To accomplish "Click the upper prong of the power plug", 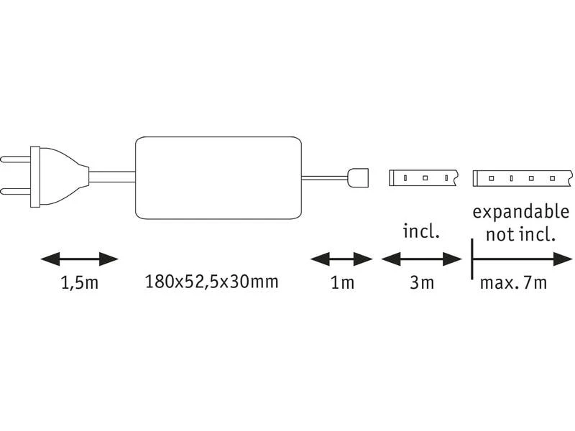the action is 15,159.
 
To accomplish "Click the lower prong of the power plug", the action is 15,192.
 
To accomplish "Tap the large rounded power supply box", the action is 218,177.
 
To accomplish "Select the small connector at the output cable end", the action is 357,177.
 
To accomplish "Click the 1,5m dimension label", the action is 80,282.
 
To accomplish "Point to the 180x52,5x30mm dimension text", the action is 212,282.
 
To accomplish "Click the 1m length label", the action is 342,282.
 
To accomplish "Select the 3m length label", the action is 422,282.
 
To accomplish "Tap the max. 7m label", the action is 513,282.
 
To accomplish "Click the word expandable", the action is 520,212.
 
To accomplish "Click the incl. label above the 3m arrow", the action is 421,231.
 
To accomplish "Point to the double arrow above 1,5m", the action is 80,259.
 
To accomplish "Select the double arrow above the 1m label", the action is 341,259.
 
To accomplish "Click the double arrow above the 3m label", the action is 421,259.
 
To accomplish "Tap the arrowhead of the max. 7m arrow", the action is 563,259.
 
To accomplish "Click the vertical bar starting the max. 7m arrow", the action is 472,259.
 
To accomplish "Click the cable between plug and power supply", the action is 112,177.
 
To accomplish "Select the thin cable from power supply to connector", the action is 325,177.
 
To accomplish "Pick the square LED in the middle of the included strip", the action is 425,178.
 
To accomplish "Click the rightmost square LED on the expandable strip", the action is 552,178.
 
